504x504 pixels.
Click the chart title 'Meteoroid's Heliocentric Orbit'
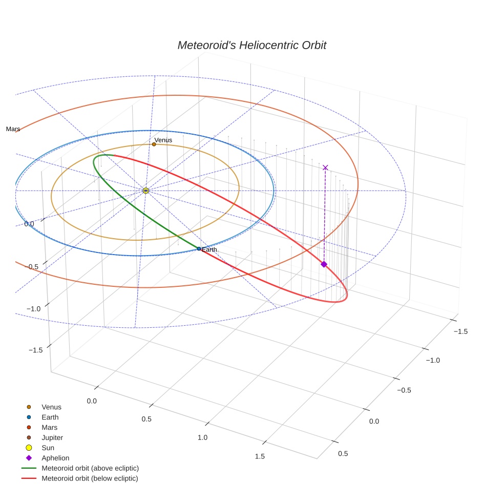[x=251, y=45]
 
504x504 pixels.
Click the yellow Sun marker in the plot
[x=146, y=191]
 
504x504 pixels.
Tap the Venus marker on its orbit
[x=154, y=144]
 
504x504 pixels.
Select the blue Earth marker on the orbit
[x=199, y=249]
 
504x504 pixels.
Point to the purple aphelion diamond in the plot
[x=324, y=264]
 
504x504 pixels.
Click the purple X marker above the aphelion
[x=325, y=167]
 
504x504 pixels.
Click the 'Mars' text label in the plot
[x=13, y=129]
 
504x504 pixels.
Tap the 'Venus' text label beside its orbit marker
[x=163, y=140]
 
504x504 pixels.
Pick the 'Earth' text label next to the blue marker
[x=209, y=249]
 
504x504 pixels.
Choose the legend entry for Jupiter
[x=52, y=437]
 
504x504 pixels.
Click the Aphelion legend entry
[x=55, y=458]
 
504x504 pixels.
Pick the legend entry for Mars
[x=49, y=427]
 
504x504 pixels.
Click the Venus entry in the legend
[x=51, y=407]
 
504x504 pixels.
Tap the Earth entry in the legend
[x=50, y=417]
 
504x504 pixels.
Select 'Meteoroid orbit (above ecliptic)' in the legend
[x=90, y=468]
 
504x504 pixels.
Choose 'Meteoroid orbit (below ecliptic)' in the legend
[x=90, y=478]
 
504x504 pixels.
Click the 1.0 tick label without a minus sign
[x=202, y=437]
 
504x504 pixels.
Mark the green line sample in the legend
[x=29, y=468]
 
